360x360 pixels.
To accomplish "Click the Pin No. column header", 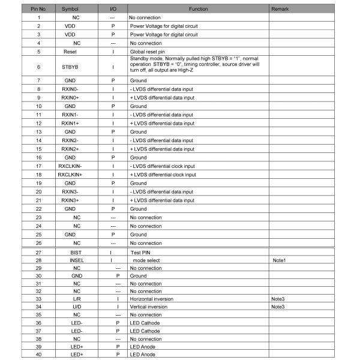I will [x=38, y=10].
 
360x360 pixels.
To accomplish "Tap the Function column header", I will [x=198, y=10].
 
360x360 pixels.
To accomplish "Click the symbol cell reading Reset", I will [x=70, y=52].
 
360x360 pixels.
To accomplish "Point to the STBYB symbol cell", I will [x=70, y=67].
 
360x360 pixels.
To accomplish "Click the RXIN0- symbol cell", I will [x=70, y=89].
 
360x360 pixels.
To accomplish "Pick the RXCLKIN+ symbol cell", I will [x=70, y=175].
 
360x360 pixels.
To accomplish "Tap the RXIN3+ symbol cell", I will [x=70, y=200].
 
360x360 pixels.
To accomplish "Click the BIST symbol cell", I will [x=76, y=253].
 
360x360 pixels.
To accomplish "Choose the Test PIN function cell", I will [x=140, y=253].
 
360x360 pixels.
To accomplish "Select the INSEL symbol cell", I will [x=76, y=261].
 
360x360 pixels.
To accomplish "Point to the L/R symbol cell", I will [x=76, y=298].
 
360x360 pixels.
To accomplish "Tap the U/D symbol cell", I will [x=76, y=306].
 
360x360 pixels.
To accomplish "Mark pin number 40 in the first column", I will [x=38, y=355].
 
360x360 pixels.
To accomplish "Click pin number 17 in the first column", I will [x=38, y=166].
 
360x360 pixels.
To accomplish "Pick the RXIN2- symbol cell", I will [x=70, y=140].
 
